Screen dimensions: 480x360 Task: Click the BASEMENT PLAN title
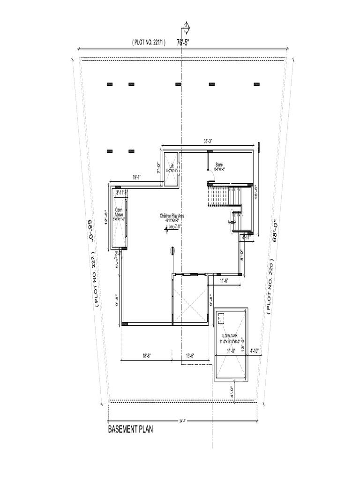(x=130, y=429)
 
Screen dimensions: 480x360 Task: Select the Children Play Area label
(x=172, y=216)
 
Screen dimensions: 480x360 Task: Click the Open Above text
(x=119, y=212)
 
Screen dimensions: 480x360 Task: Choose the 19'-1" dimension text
(x=137, y=177)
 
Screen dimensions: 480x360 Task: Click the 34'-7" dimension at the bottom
(x=183, y=420)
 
